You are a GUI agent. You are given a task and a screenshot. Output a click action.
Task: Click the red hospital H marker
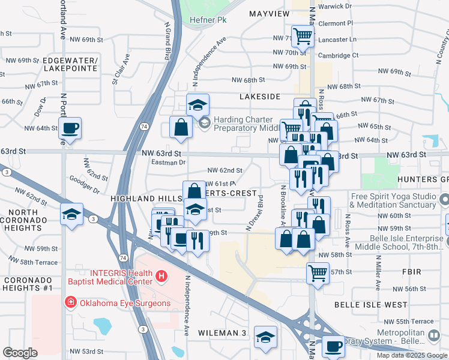coord(160,277)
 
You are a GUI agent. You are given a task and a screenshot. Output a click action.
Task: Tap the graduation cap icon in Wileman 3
coord(265,338)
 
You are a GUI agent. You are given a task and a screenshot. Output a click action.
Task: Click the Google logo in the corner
coord(20,353)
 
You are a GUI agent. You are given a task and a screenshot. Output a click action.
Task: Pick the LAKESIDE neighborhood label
coord(259,96)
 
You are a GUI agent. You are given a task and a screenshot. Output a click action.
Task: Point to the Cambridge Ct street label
coord(339,55)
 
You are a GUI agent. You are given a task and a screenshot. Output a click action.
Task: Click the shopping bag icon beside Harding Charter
coord(181,128)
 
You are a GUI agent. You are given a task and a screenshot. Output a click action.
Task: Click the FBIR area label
coord(412,272)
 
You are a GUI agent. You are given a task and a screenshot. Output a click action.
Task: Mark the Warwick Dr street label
coord(334,6)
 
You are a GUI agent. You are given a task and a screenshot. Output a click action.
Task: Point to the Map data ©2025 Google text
coord(411,355)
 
